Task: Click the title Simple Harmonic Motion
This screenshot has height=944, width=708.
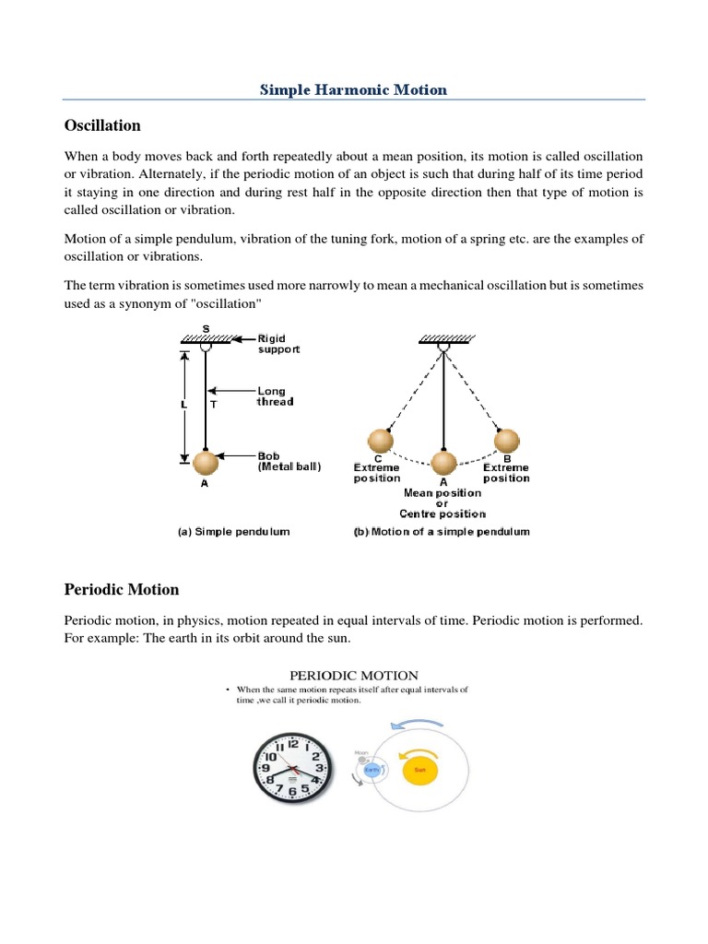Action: pos(353,89)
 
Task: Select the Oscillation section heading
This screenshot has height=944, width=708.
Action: pos(101,124)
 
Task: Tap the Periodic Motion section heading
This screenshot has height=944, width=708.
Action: pos(121,589)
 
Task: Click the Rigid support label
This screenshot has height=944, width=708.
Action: pos(277,344)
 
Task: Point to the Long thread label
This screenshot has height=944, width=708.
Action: pos(275,396)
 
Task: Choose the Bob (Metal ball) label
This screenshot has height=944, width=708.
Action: pos(289,461)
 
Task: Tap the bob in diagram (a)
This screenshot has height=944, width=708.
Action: pos(206,460)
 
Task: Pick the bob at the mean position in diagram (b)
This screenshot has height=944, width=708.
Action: pos(443,463)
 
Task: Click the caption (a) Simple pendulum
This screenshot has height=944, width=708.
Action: pos(234,532)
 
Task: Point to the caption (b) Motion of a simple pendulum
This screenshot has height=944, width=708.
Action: pos(442,532)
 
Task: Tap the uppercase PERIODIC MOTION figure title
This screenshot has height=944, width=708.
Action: pos(353,676)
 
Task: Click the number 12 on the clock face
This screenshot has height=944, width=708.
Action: pos(293,743)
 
